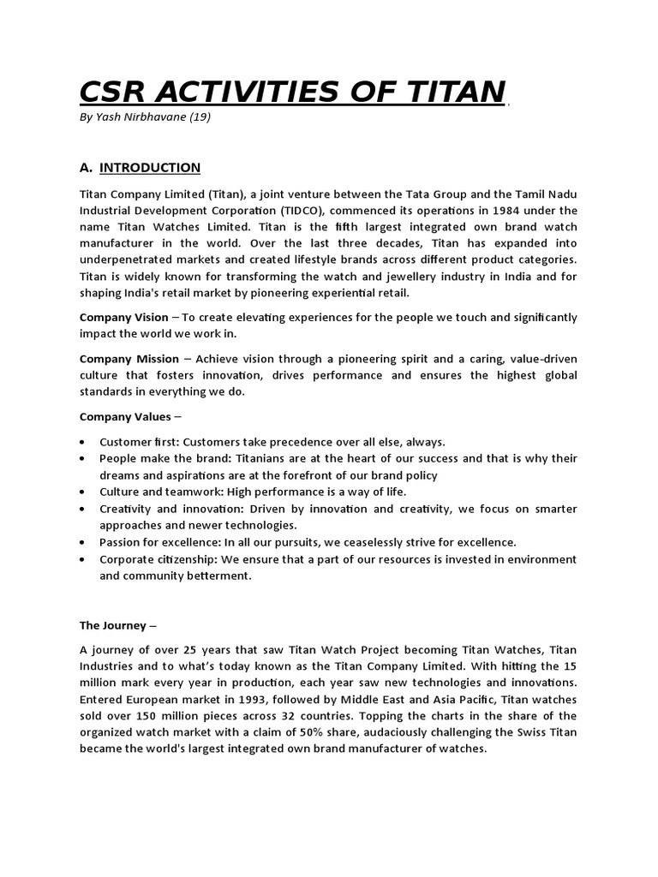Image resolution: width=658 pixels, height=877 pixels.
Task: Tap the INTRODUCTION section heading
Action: click(150, 167)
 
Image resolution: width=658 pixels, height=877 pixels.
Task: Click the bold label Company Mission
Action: click(129, 359)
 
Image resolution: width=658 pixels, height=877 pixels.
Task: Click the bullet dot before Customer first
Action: click(81, 442)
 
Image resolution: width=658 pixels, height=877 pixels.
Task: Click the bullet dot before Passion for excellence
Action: click(81, 543)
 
